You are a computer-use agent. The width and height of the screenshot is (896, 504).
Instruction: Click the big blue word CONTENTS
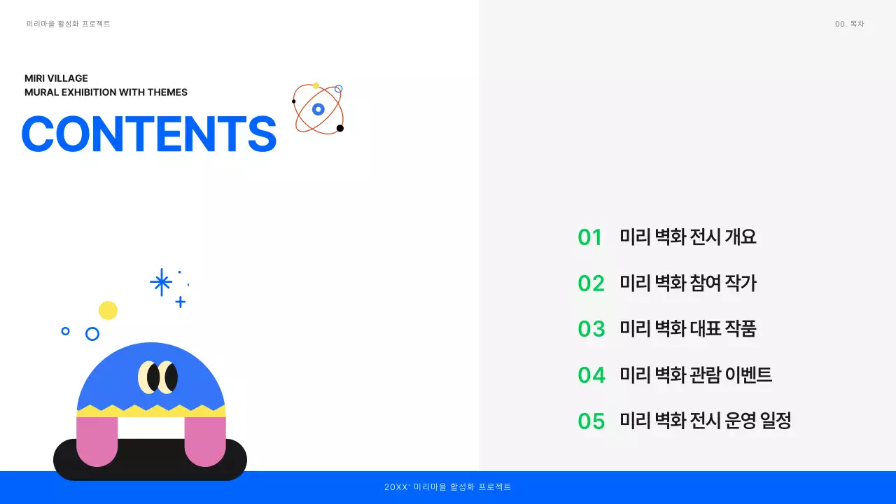click(149, 134)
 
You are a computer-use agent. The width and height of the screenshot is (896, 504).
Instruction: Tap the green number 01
click(590, 237)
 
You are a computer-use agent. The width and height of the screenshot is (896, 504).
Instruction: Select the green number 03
click(591, 328)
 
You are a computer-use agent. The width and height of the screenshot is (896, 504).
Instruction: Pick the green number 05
click(591, 421)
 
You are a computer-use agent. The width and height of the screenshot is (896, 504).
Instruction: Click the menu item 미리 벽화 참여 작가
click(688, 283)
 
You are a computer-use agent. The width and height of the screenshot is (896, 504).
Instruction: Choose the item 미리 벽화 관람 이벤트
click(696, 375)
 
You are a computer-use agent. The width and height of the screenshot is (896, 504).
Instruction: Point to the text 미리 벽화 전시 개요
click(688, 237)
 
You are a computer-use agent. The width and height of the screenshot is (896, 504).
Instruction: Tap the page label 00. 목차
click(849, 24)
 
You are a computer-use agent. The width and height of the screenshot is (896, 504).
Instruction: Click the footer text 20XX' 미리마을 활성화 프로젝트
click(448, 487)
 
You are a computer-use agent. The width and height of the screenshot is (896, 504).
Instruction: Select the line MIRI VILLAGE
click(56, 78)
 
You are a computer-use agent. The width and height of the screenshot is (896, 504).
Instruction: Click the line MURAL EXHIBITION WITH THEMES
click(106, 92)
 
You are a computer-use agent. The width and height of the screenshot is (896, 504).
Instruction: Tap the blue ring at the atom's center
click(318, 109)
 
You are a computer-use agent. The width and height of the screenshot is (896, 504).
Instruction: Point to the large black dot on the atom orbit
click(340, 128)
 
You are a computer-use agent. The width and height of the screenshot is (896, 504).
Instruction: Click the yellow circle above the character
click(108, 310)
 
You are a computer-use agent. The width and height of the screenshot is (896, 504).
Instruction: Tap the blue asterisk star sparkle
click(161, 282)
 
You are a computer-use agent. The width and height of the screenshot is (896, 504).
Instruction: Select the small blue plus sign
click(180, 302)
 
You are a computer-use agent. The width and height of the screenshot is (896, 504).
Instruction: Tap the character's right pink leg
click(205, 440)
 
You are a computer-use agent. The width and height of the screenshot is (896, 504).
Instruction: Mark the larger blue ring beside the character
click(92, 334)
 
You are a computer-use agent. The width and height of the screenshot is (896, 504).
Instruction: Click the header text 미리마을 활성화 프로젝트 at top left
click(69, 24)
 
